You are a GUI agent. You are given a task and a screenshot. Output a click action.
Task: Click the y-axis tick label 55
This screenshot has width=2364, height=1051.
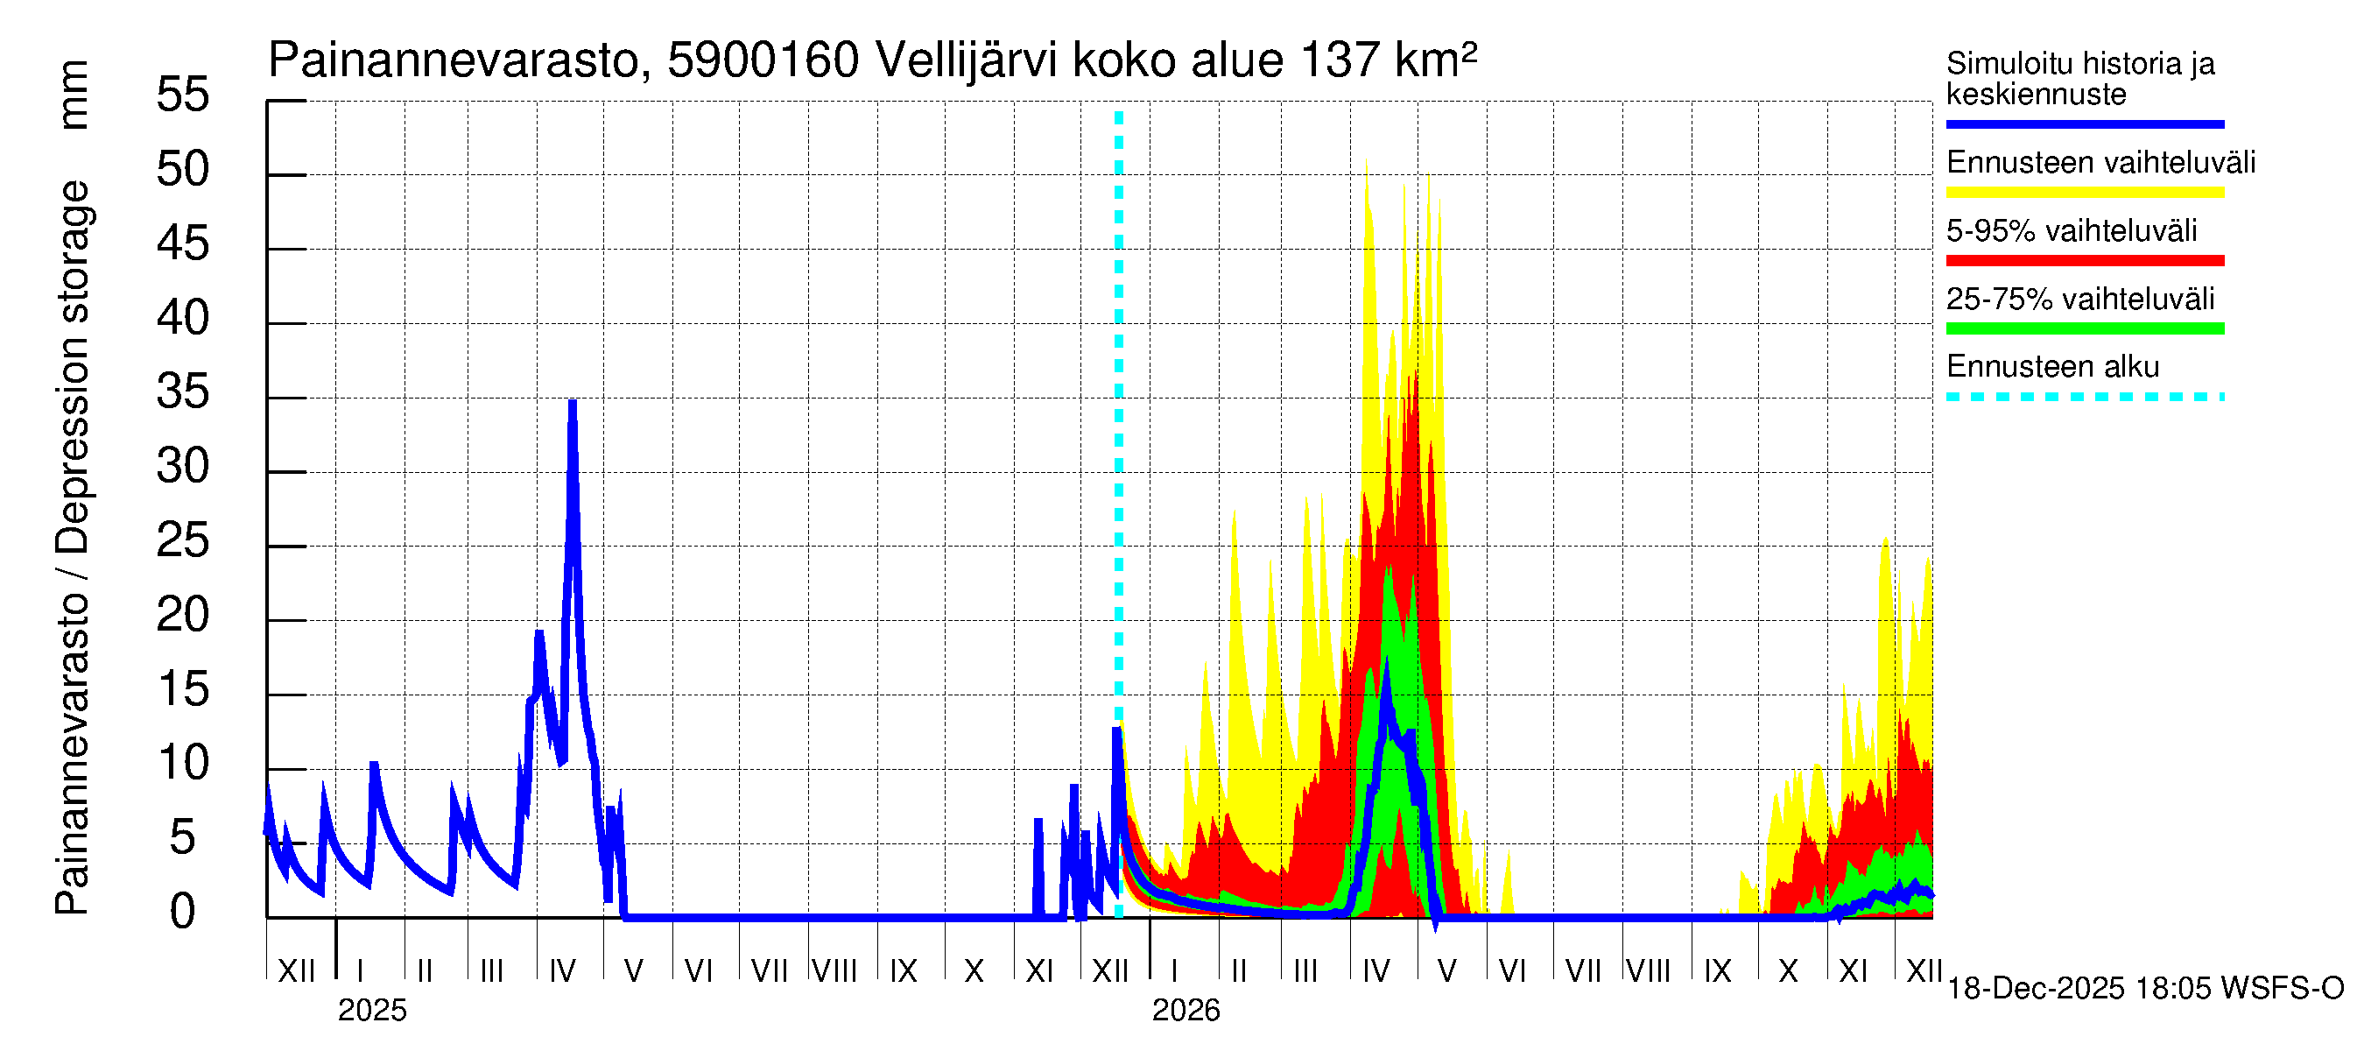(183, 95)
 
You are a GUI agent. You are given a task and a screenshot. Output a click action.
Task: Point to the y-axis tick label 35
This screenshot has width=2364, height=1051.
(183, 392)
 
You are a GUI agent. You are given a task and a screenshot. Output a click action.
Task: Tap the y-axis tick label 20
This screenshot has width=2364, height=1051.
(183, 615)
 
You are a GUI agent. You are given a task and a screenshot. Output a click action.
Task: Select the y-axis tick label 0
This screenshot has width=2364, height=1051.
(183, 912)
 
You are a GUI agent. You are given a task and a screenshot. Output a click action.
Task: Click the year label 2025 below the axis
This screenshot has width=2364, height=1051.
(371, 1011)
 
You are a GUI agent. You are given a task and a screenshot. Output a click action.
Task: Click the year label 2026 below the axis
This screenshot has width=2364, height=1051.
(1186, 1011)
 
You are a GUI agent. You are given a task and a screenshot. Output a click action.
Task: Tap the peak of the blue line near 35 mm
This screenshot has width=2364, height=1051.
(573, 402)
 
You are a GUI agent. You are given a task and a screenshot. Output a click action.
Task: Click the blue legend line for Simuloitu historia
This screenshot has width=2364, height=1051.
(2084, 123)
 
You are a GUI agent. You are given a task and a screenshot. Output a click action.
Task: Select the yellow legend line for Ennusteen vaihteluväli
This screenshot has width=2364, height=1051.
(2084, 193)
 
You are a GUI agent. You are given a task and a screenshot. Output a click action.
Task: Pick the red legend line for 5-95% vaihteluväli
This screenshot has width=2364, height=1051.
(2084, 261)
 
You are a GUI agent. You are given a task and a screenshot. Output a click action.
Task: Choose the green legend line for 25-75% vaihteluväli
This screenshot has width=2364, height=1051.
(2084, 328)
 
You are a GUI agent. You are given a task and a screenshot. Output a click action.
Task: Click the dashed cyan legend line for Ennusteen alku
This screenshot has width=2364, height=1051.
(2084, 398)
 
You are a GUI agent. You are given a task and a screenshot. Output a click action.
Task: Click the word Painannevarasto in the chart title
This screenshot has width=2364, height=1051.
(454, 61)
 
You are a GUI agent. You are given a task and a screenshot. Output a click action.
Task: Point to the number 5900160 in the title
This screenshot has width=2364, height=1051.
(763, 61)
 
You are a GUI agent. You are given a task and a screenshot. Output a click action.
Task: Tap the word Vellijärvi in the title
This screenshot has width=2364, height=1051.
(967, 61)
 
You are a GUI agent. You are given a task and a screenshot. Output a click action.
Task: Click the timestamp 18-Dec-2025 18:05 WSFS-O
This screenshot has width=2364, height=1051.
(2144, 989)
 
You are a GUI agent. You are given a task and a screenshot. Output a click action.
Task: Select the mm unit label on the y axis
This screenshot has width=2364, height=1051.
(73, 95)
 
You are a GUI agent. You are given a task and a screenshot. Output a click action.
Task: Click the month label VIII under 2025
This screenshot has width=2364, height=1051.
(834, 971)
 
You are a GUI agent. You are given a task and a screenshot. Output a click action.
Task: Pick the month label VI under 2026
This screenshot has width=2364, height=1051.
(1511, 971)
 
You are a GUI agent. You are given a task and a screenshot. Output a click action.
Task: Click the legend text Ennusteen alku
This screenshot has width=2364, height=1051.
(2053, 367)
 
